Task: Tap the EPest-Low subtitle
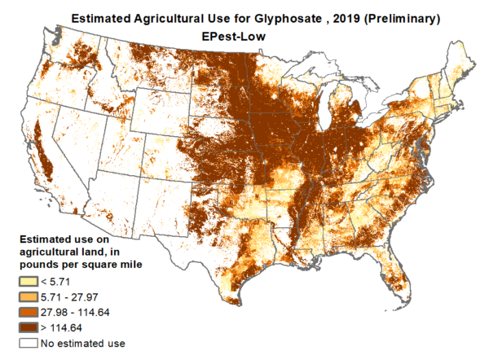pyautogui.click(x=245, y=36)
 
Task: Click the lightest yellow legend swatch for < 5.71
pyautogui.click(x=29, y=281)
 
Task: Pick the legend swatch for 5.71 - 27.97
pyautogui.click(x=29, y=296)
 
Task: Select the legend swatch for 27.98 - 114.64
pyautogui.click(x=29, y=312)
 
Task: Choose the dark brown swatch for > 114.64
pyautogui.click(x=29, y=327)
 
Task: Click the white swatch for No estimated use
pyautogui.click(x=29, y=343)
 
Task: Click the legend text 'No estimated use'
pyautogui.click(x=85, y=343)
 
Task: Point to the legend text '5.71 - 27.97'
pyautogui.click(x=77, y=296)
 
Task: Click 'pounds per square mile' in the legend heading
pyautogui.click(x=86, y=265)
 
